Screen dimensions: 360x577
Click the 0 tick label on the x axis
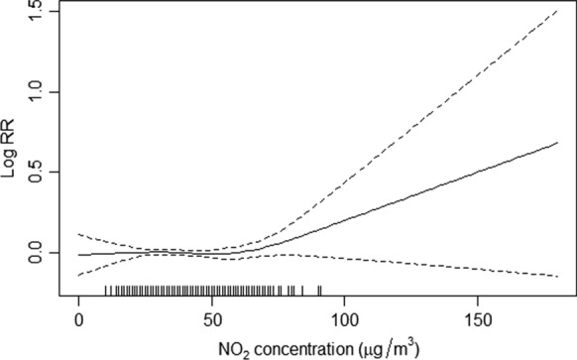79,319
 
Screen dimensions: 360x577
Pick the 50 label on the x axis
212,319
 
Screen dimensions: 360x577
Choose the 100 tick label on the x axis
344,319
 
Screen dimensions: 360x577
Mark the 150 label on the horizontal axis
477,319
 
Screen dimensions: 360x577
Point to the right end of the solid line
557,143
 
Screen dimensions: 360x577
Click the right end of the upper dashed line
557,11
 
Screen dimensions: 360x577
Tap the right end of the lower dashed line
557,276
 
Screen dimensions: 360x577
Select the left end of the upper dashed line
79,235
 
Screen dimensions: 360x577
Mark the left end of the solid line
79,255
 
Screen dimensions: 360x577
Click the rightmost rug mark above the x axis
320,291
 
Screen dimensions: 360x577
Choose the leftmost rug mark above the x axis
106,291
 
